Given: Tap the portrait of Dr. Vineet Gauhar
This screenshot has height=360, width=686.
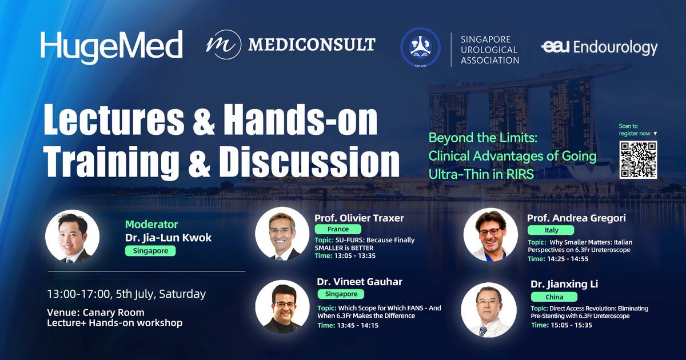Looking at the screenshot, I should tap(278, 306).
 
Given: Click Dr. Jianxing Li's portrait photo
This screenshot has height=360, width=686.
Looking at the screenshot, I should tap(485, 309).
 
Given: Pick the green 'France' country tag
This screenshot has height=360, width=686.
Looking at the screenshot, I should tap(338, 229).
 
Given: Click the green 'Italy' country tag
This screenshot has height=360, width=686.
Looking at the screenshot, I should tap(551, 230).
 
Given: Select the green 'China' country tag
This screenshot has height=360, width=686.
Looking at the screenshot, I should tap(554, 297).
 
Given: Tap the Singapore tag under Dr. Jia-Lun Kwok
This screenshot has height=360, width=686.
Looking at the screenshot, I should tap(150, 250).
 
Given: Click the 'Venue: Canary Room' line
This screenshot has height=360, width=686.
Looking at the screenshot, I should tap(95, 312).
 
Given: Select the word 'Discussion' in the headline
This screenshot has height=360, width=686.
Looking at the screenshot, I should tap(309, 161).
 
